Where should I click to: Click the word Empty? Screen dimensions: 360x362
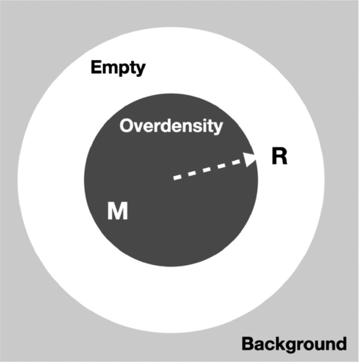coord(118,69)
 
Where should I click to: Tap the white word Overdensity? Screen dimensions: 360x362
coord(171,126)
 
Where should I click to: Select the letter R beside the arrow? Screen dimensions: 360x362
coord(280,156)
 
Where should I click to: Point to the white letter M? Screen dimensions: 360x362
coord(117,211)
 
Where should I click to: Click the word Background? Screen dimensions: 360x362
coord(294,345)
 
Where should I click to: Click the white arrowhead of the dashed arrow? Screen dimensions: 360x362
coord(250,159)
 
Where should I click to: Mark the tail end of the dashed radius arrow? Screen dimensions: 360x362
coord(174,178)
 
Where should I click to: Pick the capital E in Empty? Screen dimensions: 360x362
coord(96,67)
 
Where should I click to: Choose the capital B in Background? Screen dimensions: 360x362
coord(248,344)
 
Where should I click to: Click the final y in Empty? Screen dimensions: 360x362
coord(140,70)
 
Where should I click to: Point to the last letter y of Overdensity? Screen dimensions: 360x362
coord(217,128)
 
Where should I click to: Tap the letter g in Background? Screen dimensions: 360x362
coord(293,347)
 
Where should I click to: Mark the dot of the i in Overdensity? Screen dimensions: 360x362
coord(202,120)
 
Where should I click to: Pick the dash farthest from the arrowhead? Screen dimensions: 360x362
coord(177,177)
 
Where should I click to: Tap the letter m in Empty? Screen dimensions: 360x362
coord(109,69)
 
